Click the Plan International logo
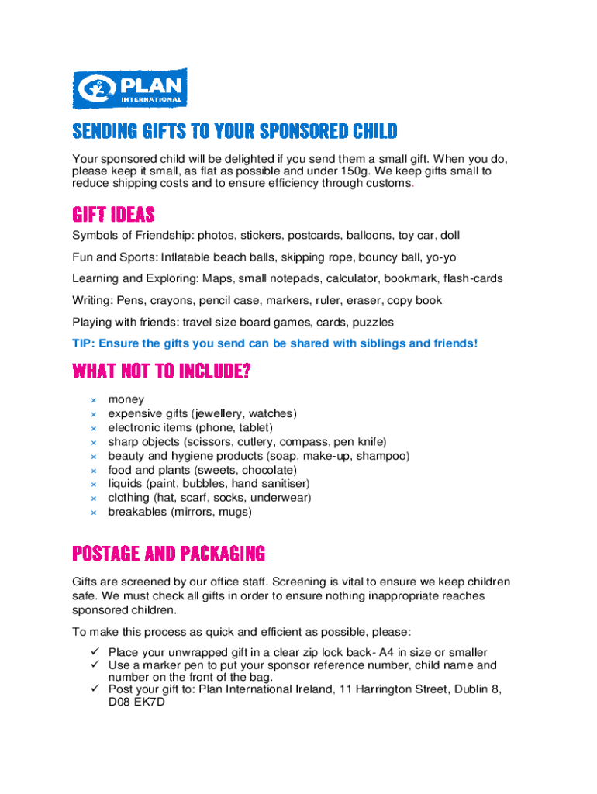129,88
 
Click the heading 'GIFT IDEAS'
113,214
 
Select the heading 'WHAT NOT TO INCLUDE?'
161,372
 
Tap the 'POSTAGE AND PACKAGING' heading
169,554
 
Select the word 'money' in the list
126,400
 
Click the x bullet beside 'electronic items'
93,428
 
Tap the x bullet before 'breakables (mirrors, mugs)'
93,513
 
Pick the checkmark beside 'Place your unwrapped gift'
94,652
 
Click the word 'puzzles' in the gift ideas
372,322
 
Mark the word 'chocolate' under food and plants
268,470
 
